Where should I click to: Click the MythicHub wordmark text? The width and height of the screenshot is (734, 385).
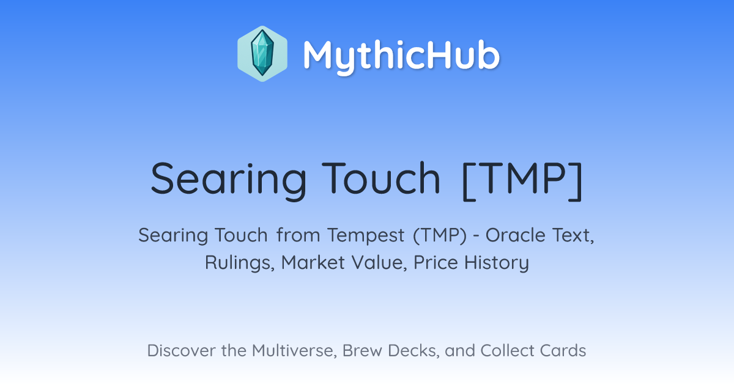click(x=401, y=57)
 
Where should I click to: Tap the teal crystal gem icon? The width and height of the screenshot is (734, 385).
click(x=262, y=53)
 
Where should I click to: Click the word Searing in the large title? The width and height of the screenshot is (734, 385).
click(x=229, y=180)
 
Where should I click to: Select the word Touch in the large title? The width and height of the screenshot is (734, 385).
click(x=381, y=178)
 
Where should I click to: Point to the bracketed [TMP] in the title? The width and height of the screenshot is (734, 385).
click(x=522, y=180)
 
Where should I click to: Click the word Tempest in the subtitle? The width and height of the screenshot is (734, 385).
click(x=366, y=236)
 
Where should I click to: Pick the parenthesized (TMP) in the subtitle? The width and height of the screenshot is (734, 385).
click(x=440, y=235)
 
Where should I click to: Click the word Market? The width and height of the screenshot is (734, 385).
click(x=313, y=263)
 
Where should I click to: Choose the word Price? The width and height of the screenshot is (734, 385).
click(x=436, y=263)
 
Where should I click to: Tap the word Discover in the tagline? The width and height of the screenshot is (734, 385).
click(x=182, y=351)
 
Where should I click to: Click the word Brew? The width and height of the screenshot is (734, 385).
click(x=362, y=351)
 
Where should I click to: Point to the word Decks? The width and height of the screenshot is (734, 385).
click(x=413, y=351)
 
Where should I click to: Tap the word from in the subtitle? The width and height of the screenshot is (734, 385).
click(x=298, y=235)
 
